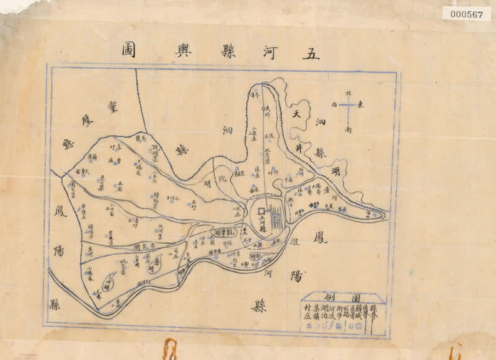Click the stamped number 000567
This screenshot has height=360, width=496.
click(x=467, y=15)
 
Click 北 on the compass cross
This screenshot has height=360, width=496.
click(x=348, y=93)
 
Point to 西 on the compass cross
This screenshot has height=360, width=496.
click(x=335, y=105)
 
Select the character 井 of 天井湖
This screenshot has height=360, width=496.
click(x=299, y=147)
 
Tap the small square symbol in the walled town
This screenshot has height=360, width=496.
click(x=261, y=212)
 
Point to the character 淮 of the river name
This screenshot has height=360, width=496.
click(x=294, y=245)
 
